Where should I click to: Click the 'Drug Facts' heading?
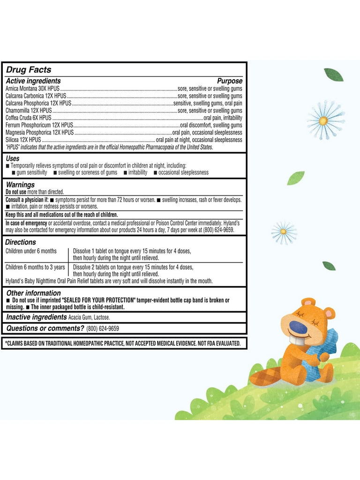coord(29,70)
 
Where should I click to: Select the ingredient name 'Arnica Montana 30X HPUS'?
coord(32,88)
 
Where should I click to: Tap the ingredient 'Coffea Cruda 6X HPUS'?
coord(28,117)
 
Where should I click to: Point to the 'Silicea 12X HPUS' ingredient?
coord(23,140)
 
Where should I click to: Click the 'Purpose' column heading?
coord(230,81)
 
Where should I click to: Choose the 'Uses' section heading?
coord(13,159)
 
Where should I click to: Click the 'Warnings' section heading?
coord(20,185)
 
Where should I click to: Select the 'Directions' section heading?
coord(21,242)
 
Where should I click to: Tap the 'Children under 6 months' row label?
coord(31,251)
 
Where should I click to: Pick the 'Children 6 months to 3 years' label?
coord(35,267)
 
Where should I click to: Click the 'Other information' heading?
coord(33,293)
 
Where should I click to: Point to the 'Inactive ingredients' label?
coord(36,317)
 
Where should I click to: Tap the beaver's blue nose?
coord(298,327)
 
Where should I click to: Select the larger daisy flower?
coord(324,120)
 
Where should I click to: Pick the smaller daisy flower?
coord(284,232)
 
